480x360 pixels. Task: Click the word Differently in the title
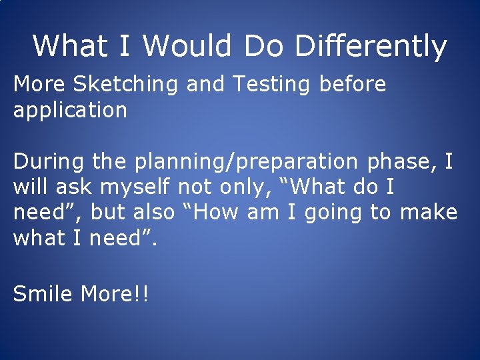(x=370, y=47)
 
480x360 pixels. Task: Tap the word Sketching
(x=126, y=85)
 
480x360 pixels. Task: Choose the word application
(x=70, y=110)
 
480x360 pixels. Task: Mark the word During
(x=49, y=161)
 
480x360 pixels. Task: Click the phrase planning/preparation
(x=246, y=162)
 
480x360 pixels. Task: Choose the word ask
(x=74, y=187)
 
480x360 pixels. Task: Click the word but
(x=108, y=212)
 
